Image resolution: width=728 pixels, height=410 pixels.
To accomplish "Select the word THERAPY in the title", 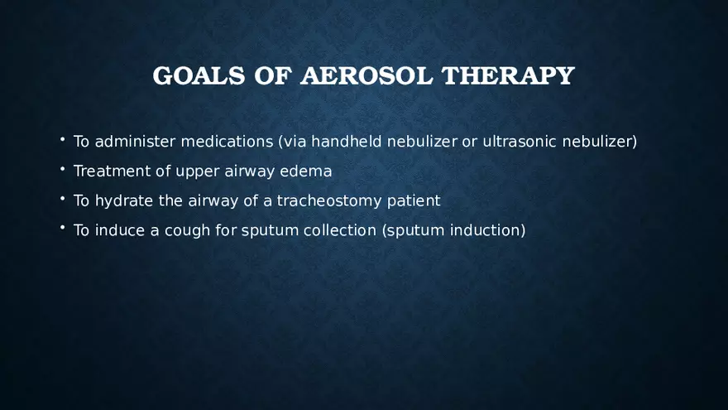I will coord(508,75).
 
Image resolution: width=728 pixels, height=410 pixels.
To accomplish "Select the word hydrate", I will coord(120,201).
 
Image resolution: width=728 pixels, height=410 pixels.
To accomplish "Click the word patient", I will coord(414,201).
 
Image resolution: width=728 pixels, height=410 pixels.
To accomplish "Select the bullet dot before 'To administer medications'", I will coord(62,140).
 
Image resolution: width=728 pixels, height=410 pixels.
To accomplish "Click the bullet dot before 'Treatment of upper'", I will coord(62,170).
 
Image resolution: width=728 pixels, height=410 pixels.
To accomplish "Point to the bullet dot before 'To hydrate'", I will coord(62,199).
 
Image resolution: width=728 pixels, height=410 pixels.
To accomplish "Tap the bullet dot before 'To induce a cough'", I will coord(62,229).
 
